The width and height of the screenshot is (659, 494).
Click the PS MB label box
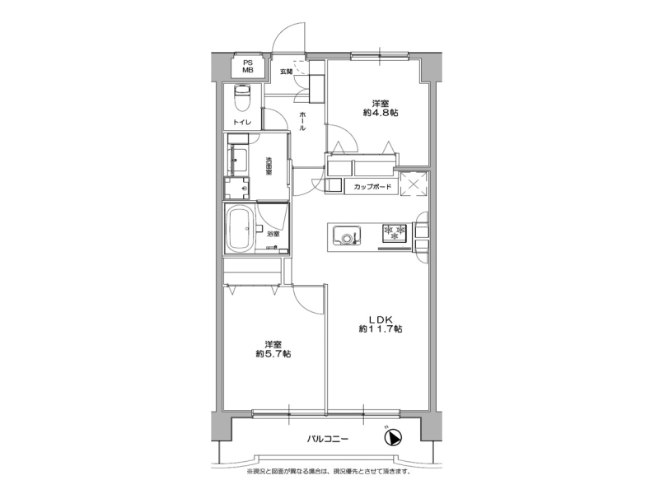(x=248, y=67)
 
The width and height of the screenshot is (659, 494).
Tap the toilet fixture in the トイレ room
(x=241, y=98)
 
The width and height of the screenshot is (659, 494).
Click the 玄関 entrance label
(x=286, y=72)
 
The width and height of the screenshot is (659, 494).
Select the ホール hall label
(x=302, y=121)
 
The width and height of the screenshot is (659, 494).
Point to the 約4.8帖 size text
(x=381, y=113)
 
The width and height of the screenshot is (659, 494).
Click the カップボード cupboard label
(x=372, y=187)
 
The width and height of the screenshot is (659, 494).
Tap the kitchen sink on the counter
(x=347, y=235)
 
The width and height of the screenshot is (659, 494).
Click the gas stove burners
(x=395, y=233)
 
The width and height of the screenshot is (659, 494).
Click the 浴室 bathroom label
(x=273, y=234)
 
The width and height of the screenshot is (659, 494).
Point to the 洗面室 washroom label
(x=268, y=166)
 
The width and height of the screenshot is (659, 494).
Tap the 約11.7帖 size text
(x=381, y=329)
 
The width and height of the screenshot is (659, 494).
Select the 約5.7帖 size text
(x=273, y=354)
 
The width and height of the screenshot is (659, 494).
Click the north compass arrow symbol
(x=394, y=438)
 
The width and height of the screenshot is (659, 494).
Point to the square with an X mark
(x=414, y=184)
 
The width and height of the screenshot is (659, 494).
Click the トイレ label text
(x=242, y=122)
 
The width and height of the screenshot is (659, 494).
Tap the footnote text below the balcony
(x=329, y=471)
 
